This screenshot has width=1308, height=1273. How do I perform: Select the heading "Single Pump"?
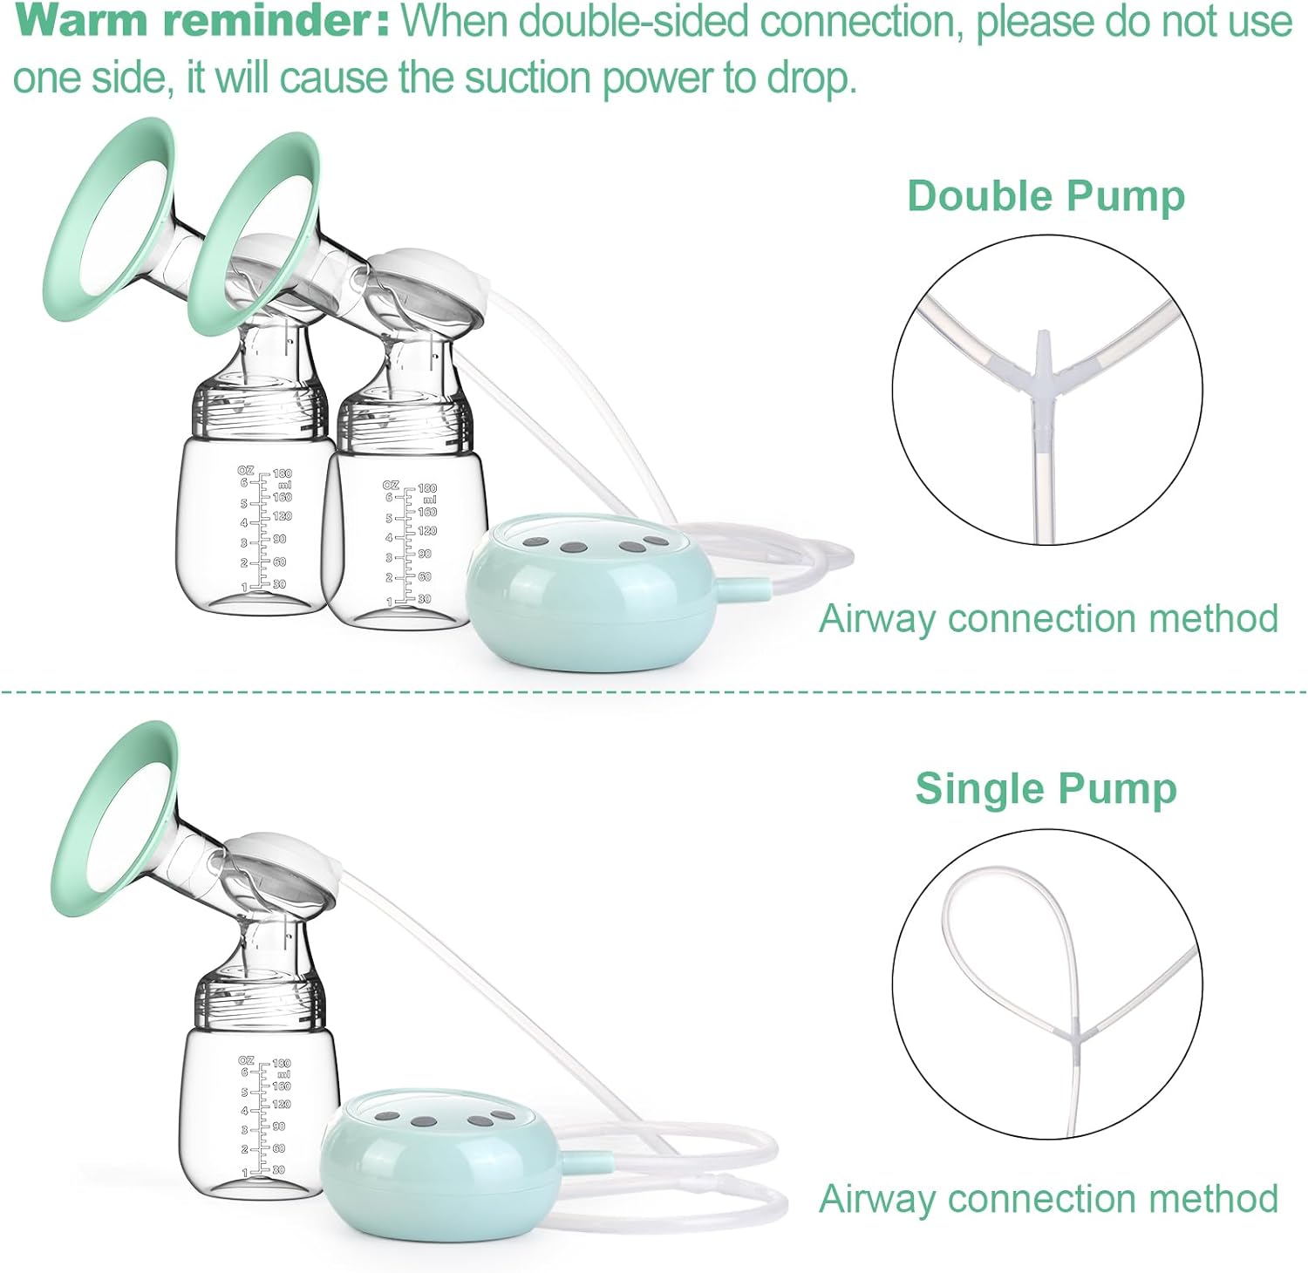tap(1046, 788)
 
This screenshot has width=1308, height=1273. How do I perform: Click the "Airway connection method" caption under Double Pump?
tap(1048, 618)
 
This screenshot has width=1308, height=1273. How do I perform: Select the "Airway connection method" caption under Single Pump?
tap(1048, 1199)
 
